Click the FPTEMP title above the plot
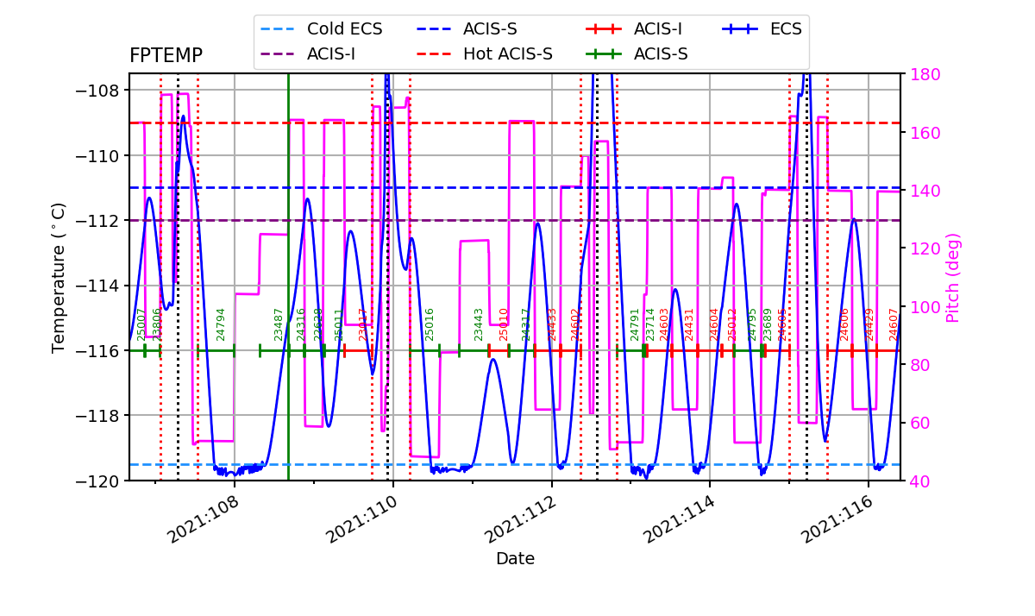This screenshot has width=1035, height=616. pyautogui.click(x=166, y=56)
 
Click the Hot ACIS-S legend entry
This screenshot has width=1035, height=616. pyautogui.click(x=507, y=54)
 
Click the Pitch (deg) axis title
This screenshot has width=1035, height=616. pyautogui.click(x=953, y=278)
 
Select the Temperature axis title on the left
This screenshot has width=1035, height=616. pyautogui.click(x=59, y=278)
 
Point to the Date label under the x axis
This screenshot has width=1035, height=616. pyautogui.click(x=515, y=559)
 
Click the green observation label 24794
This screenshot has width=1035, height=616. pyautogui.click(x=221, y=324)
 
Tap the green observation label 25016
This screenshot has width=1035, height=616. pyautogui.click(x=430, y=324)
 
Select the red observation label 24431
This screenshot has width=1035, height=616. pyautogui.click(x=689, y=324)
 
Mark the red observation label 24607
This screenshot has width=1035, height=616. pyautogui.click(x=894, y=324)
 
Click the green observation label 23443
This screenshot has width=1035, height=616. pyautogui.click(x=479, y=324)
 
